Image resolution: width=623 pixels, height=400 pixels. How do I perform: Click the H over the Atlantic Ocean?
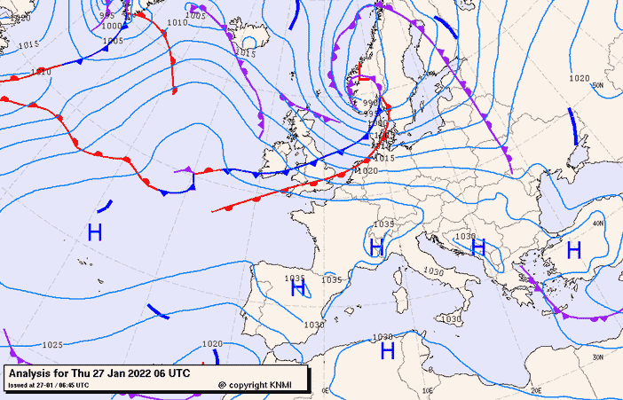coord(95,232)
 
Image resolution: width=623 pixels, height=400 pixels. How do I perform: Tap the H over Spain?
coord(298,288)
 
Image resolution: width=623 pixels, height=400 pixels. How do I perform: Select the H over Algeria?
coord(387,351)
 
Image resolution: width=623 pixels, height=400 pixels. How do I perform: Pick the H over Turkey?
coord(573,250)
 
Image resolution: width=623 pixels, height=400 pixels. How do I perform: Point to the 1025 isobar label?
coord(52,344)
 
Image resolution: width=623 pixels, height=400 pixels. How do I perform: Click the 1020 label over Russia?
coord(579,79)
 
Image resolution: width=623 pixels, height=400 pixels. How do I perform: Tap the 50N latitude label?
coord(598,86)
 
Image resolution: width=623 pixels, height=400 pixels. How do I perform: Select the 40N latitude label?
coord(599,224)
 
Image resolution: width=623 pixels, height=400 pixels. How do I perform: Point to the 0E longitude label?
coord(325,390)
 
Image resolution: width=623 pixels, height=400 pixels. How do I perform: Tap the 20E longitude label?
coord(535,389)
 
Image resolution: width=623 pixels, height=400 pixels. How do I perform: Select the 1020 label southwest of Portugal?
coord(212,344)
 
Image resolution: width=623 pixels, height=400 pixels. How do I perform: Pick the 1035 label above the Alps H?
coord(383,224)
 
